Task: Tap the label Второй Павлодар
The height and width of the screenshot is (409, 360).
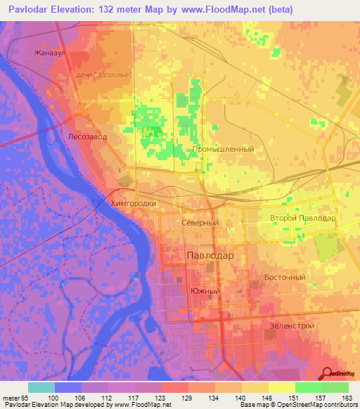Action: tap(303, 219)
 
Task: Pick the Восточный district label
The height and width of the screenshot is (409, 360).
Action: tap(285, 277)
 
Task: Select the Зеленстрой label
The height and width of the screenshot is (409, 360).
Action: tap(291, 325)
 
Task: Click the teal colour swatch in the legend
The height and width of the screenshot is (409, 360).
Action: tap(41, 387)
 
